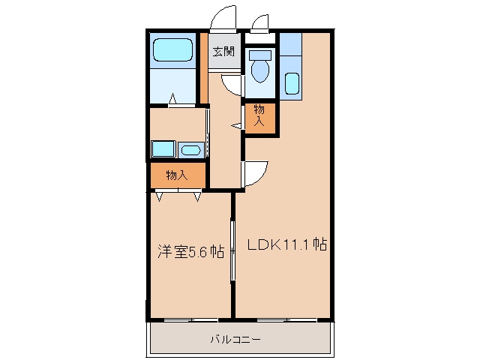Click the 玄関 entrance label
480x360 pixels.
tap(223, 52)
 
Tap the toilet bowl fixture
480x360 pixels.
tap(260, 70)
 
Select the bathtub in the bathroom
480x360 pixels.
tap(173, 49)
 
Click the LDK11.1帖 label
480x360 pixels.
tap(287, 244)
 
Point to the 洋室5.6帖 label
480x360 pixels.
tap(190, 251)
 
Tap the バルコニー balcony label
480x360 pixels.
tap(235, 339)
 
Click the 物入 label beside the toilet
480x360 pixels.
tap(259, 115)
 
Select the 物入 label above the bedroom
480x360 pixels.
tap(177, 175)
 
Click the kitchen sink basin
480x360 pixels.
tap(292, 83)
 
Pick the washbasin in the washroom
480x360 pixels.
tap(191, 150)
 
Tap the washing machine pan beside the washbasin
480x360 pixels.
tap(163, 149)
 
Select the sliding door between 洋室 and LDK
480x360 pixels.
tap(233, 250)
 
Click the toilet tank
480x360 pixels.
tap(260, 55)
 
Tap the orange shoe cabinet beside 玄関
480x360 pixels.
tap(204, 67)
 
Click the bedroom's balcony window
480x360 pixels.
tap(190, 320)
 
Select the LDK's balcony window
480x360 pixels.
tap(286, 320)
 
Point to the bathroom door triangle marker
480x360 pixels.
tap(172, 98)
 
